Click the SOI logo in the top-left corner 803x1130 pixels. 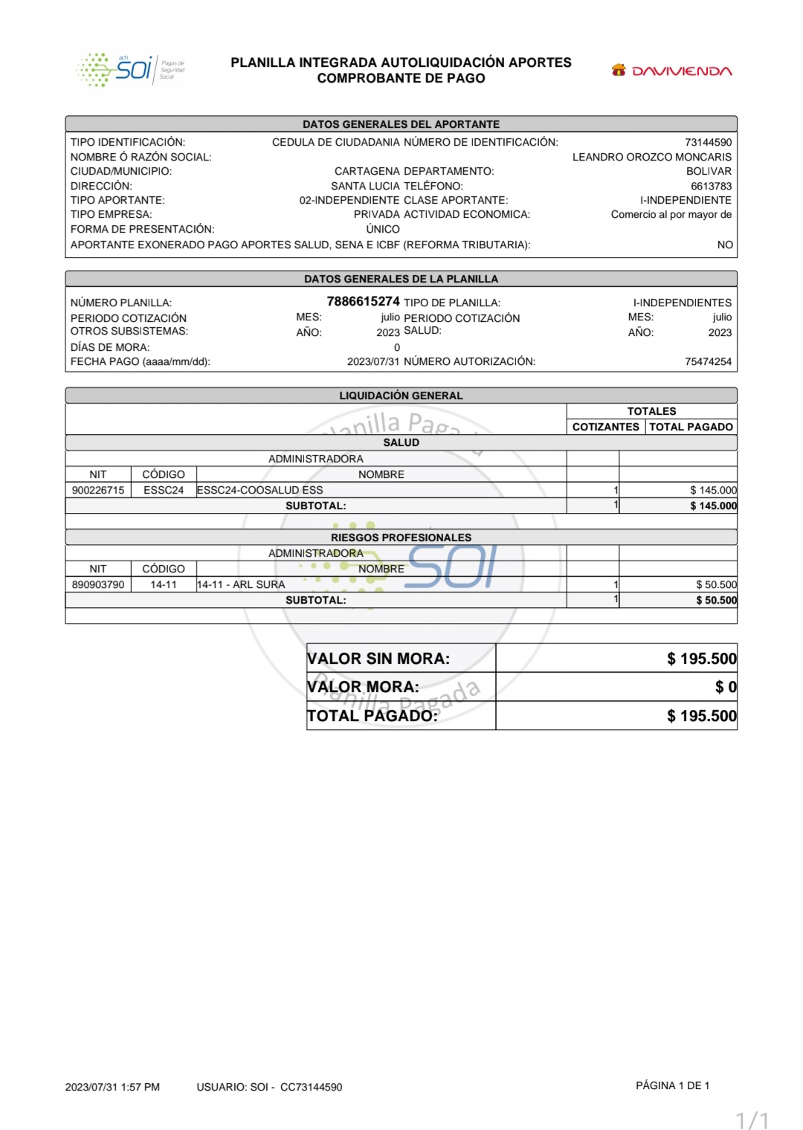(x=131, y=70)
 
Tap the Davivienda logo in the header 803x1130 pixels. (x=671, y=71)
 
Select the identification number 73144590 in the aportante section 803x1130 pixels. (x=708, y=142)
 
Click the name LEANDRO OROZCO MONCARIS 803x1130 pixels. (x=651, y=157)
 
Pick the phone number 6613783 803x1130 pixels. (x=711, y=186)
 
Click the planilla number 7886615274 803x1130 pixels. (x=363, y=301)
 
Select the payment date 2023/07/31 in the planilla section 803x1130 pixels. (x=373, y=361)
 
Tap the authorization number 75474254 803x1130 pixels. (x=708, y=361)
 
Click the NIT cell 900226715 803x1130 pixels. (x=98, y=490)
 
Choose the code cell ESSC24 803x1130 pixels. (x=164, y=490)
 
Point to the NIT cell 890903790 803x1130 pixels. (x=98, y=584)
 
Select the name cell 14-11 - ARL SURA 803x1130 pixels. (x=241, y=584)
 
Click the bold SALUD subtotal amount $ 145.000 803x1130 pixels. (x=713, y=506)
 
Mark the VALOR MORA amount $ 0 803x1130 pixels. (x=726, y=687)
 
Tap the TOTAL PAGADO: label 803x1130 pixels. (x=373, y=716)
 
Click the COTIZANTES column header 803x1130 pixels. (x=605, y=427)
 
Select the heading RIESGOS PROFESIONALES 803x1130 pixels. (x=401, y=537)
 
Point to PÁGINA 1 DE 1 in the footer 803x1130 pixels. (x=672, y=1085)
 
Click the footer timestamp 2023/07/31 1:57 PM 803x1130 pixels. (x=112, y=1087)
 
